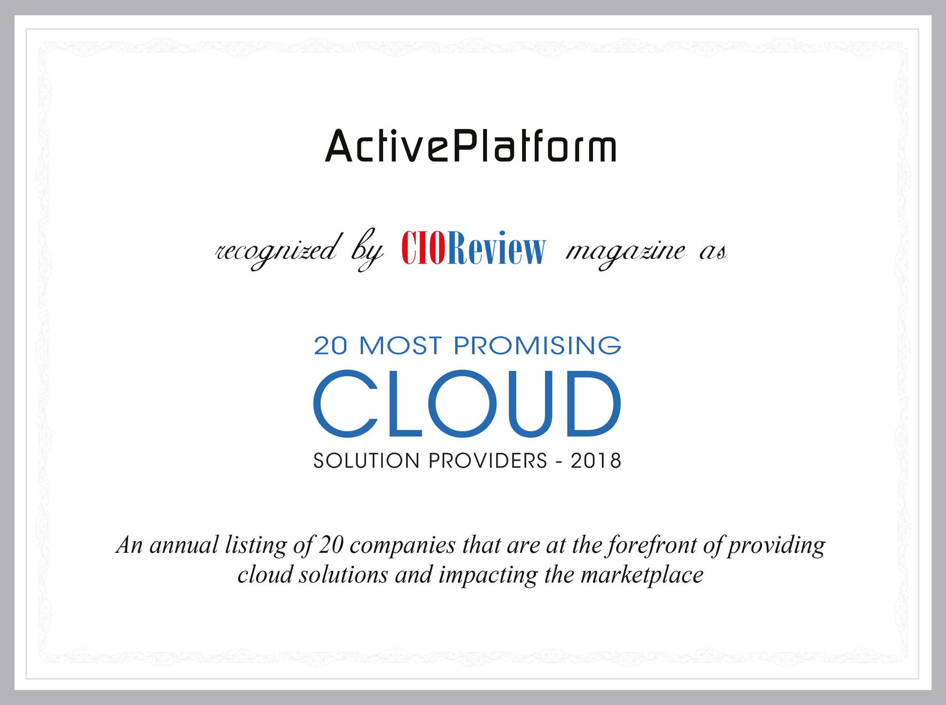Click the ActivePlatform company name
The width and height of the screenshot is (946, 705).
(471, 146)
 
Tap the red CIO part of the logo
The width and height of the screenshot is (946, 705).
(423, 248)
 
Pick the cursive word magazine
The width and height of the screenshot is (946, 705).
(625, 251)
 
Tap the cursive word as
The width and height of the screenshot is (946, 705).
(712, 252)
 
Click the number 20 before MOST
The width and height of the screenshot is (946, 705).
(331, 345)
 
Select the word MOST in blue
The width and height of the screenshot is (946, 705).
(400, 345)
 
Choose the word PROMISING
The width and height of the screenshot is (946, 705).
(537, 345)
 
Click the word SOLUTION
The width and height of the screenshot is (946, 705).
(367, 461)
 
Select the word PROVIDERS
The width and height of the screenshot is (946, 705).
(488, 461)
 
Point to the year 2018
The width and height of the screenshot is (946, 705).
(596, 461)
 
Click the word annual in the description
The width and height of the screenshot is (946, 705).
(184, 546)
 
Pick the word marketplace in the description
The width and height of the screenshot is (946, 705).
(641, 575)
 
